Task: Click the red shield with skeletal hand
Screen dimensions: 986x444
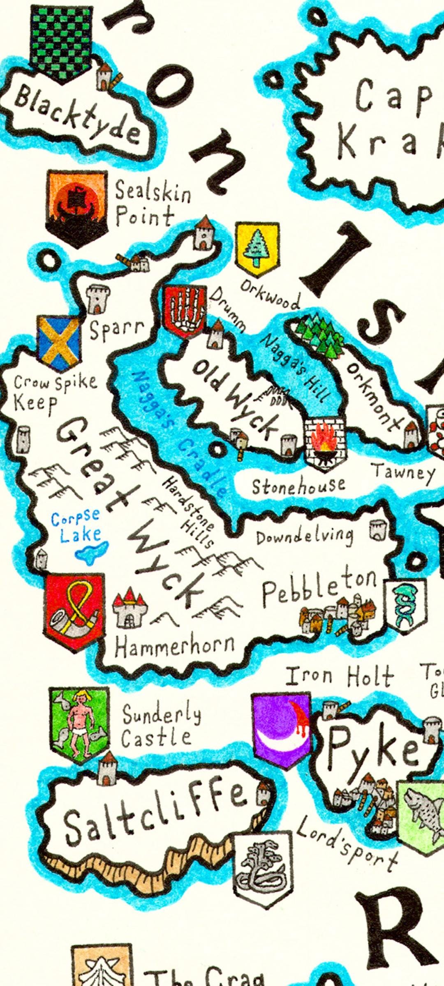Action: (x=185, y=310)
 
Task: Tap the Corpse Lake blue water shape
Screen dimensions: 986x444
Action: (x=91, y=550)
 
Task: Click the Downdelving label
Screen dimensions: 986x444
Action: (x=305, y=536)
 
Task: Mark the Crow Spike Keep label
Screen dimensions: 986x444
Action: (x=53, y=392)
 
